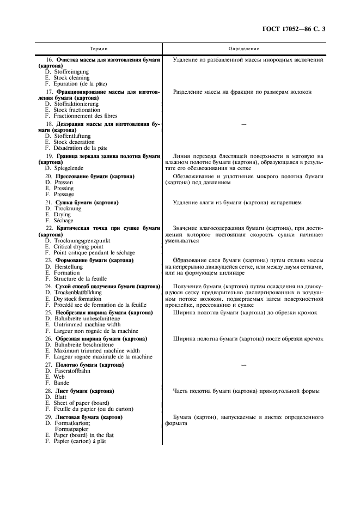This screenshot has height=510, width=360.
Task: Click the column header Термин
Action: point(99,48)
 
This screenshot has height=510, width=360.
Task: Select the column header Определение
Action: point(243,48)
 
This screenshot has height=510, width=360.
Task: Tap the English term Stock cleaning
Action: point(71,78)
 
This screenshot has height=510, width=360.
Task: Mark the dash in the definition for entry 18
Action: point(243,125)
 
